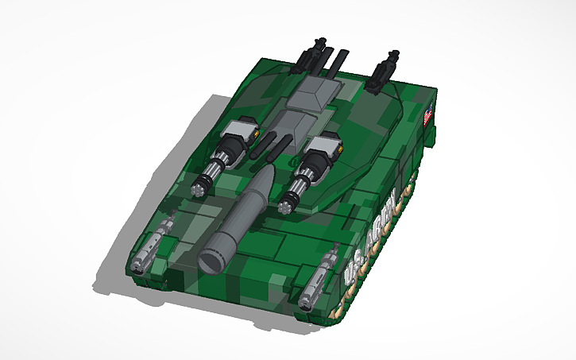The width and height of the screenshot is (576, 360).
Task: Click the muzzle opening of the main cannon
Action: coord(212,259)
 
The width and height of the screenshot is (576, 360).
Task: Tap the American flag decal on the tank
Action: coord(428,117)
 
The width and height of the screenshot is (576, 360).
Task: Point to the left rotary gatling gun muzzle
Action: coord(198,188)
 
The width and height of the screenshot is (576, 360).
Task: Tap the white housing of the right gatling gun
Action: coord(327,145)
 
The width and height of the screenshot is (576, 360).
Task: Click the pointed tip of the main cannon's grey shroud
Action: coord(269,168)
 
